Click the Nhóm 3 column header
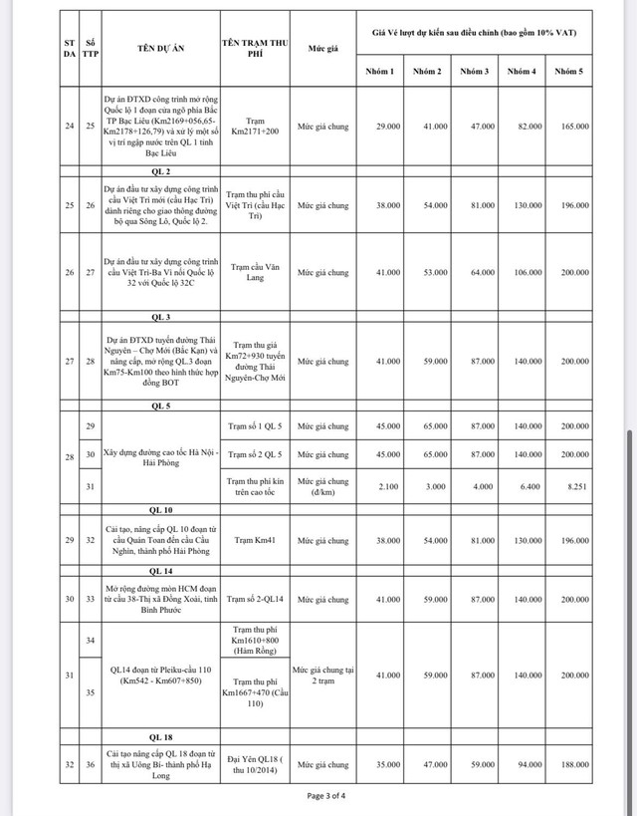click(x=474, y=72)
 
